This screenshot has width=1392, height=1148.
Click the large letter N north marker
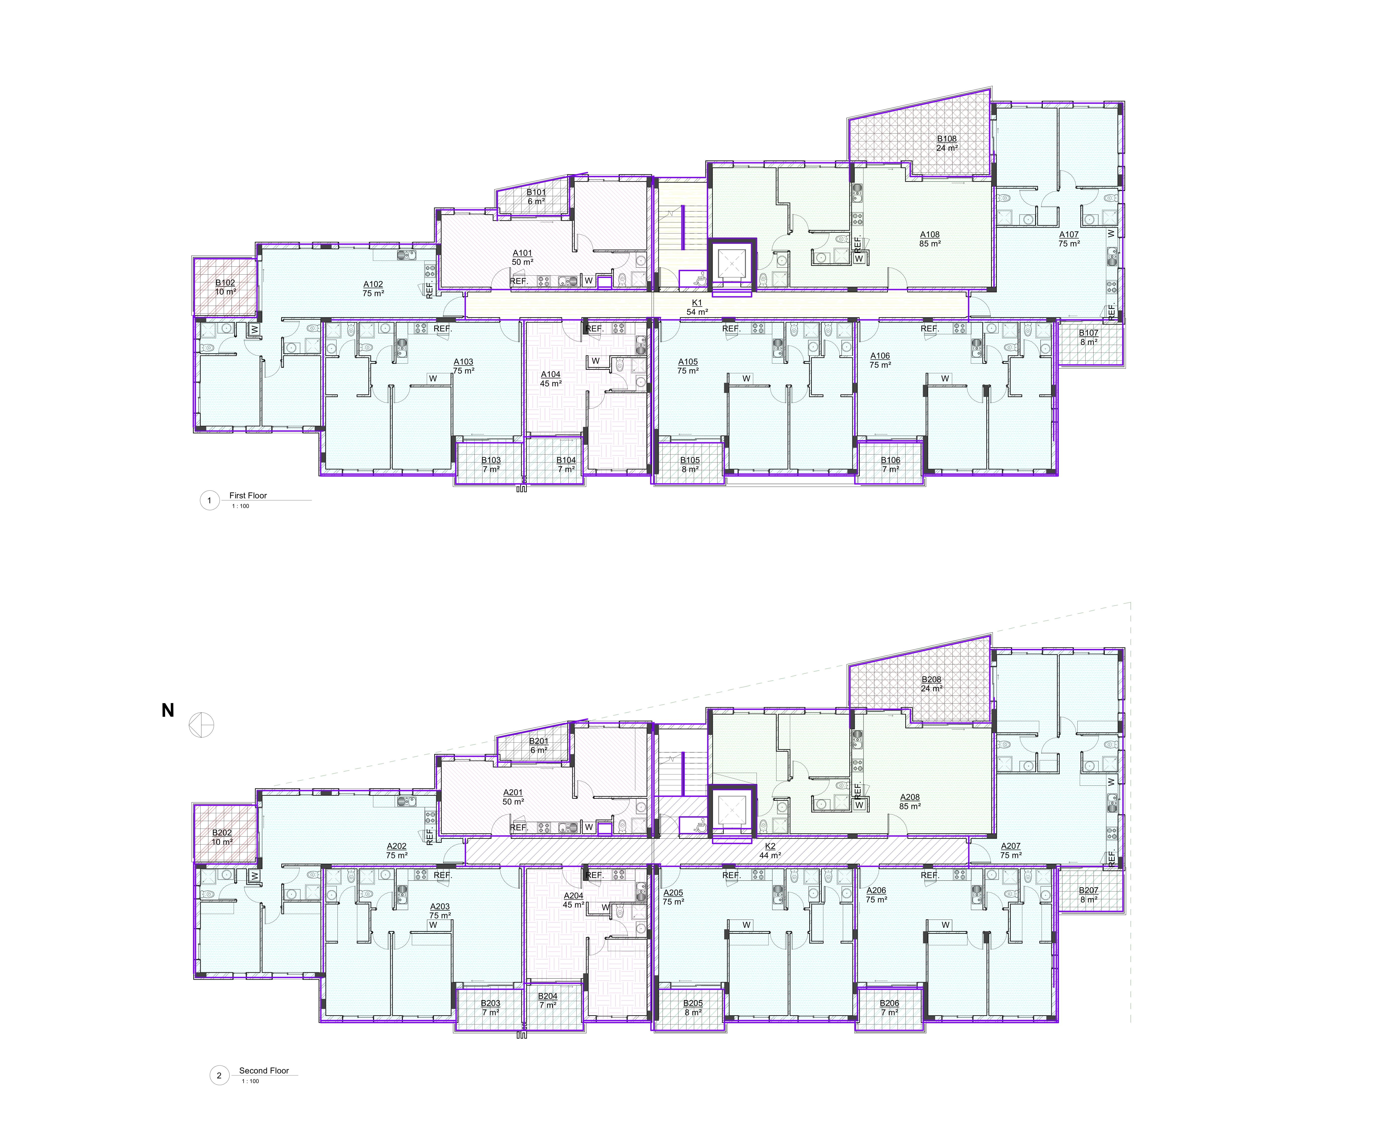pyautogui.click(x=168, y=710)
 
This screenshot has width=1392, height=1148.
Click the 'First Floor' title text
pyautogui.click(x=248, y=495)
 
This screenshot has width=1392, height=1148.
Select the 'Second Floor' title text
pyautogui.click(x=264, y=1071)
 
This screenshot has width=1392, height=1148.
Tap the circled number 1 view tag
pyautogui.click(x=210, y=501)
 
